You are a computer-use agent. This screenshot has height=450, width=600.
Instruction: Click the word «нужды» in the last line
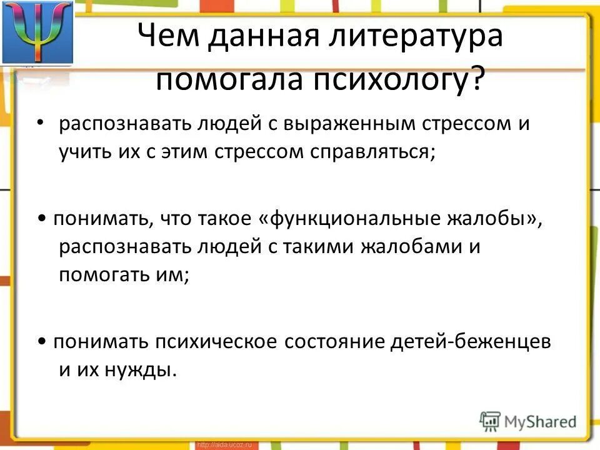coord(140,370)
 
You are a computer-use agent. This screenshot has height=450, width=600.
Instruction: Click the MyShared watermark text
coord(537,420)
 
